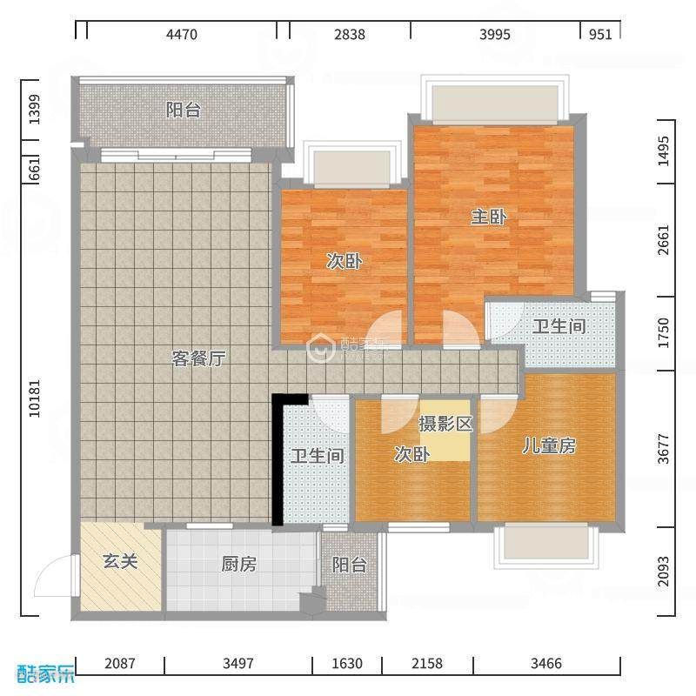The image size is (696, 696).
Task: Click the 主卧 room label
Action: point(489,217)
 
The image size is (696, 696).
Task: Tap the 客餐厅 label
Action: point(198,358)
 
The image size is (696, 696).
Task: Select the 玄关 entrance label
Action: point(120,561)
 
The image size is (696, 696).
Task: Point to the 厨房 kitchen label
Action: point(238,564)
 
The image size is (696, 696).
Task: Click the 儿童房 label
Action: point(549,445)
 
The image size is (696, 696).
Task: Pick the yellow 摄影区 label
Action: point(445,424)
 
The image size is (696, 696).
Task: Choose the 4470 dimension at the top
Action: point(182,34)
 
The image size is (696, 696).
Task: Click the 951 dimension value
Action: point(600,34)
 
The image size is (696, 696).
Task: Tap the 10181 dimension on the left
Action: point(34,398)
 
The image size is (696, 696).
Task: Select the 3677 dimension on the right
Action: point(663,449)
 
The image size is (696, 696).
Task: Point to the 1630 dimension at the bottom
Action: point(347,663)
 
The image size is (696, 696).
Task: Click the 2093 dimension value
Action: point(663,572)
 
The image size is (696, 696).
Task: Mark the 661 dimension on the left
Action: point(34,168)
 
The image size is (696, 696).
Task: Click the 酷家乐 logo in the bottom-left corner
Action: point(46,673)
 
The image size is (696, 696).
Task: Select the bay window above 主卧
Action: point(495,100)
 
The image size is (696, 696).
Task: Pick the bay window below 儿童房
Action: point(546,546)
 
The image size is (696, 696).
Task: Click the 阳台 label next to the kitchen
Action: point(350,565)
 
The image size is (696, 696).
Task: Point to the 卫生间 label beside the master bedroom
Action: point(559,326)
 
